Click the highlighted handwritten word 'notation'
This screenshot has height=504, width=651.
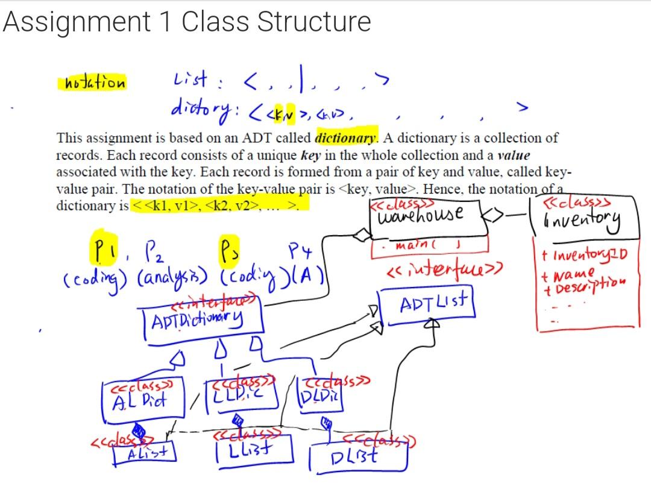[92, 83]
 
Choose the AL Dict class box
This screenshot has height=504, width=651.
[142, 398]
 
